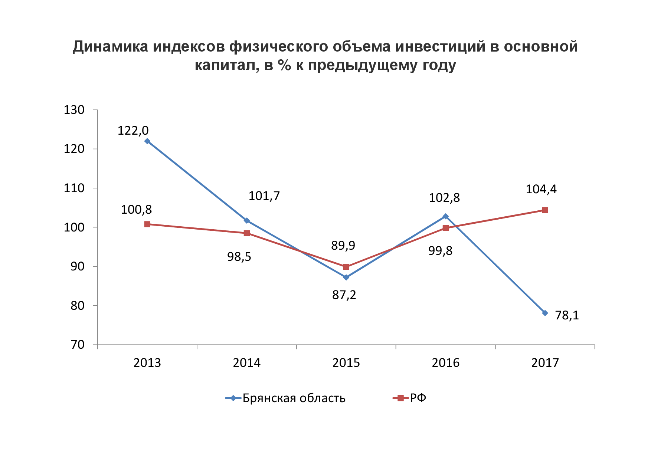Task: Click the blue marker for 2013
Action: click(x=147, y=141)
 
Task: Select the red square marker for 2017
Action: click(x=545, y=210)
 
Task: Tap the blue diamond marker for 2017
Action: click(x=545, y=313)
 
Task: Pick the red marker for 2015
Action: click(x=346, y=267)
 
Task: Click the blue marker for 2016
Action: click(x=445, y=216)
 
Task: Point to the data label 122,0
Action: click(x=133, y=131)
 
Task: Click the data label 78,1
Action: click(x=567, y=315)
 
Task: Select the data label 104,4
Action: click(x=541, y=190)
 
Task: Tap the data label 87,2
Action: click(x=344, y=295)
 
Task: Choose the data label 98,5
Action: click(x=239, y=257)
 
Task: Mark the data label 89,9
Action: click(x=343, y=246)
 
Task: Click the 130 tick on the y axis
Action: click(x=74, y=110)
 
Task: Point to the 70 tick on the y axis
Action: click(x=78, y=345)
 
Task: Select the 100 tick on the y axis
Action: click(x=74, y=227)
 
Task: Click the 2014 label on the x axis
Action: click(x=247, y=363)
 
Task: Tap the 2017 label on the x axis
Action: click(x=545, y=363)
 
